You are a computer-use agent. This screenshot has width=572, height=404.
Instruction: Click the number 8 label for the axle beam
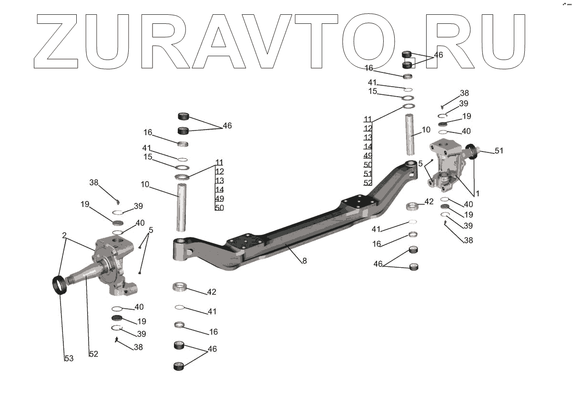[x=304, y=261]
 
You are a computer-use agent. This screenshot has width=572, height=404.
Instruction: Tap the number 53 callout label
[x=69, y=358]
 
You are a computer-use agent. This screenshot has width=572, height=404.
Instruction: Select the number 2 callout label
[x=64, y=235]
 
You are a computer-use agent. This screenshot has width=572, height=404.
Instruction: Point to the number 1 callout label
[x=477, y=194]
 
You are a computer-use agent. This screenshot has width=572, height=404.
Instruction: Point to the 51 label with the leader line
[x=499, y=151]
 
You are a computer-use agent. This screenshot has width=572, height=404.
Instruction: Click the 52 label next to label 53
[x=93, y=354]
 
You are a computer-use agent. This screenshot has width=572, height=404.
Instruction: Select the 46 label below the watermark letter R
[x=438, y=55]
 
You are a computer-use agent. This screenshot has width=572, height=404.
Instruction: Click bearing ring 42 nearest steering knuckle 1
[x=413, y=206]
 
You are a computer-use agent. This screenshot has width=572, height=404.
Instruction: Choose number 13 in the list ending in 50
[x=219, y=181]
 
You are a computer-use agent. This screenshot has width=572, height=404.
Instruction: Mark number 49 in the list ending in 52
[x=368, y=156]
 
